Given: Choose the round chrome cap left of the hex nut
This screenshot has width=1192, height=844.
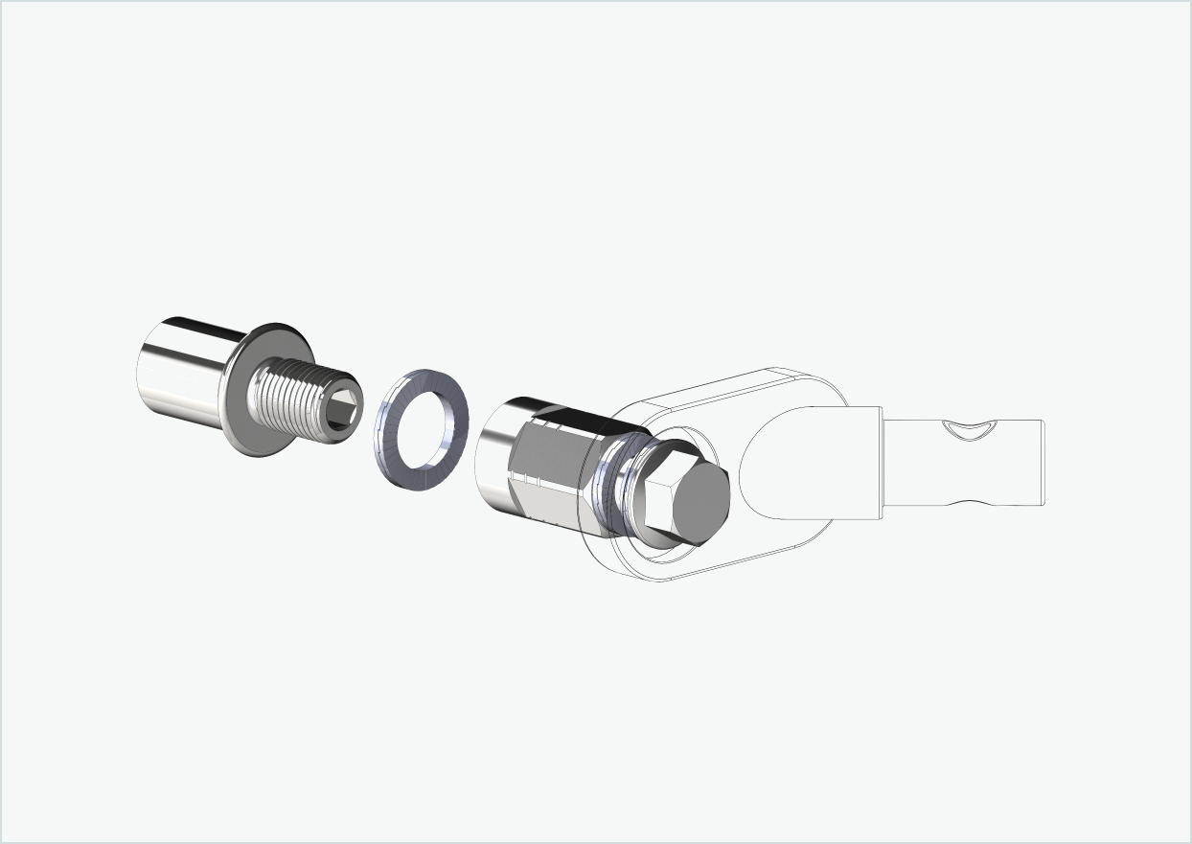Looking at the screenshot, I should tap(494, 455).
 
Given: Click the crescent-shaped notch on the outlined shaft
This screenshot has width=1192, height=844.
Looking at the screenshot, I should tap(967, 431).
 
